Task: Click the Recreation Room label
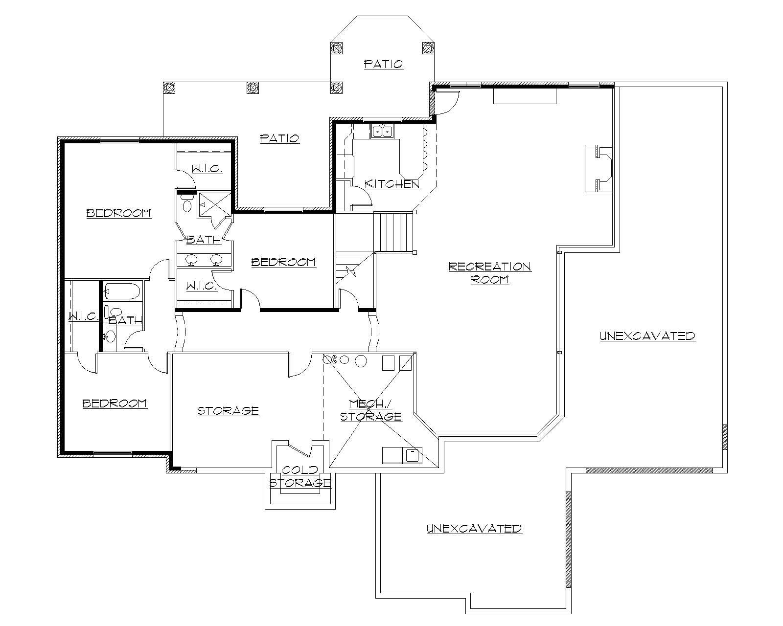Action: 489,273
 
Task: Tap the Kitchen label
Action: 392,184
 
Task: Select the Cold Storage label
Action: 300,477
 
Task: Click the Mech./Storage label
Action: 371,410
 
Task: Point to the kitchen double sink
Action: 382,132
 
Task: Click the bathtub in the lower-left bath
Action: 122,291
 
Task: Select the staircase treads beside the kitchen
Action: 394,231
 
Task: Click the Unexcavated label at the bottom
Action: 474,529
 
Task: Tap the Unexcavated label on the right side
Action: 647,336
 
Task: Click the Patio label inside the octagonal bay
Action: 383,64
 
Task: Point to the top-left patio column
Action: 169,88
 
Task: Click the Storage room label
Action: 228,411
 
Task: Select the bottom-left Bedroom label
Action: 115,403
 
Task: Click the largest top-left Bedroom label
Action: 118,213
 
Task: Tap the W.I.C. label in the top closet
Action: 207,169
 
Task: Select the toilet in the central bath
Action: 186,204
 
